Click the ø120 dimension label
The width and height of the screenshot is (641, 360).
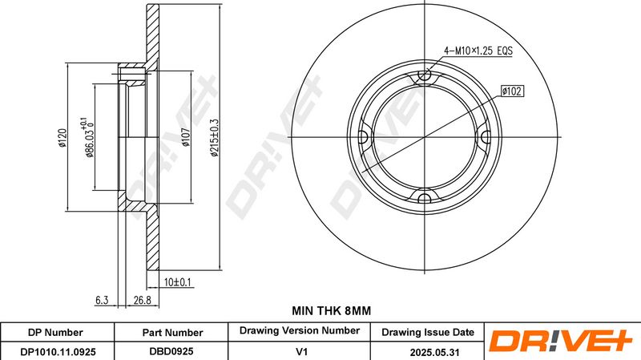click(62, 137)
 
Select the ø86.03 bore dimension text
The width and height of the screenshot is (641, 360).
click(87, 137)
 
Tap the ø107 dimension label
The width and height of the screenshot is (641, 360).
click(186, 137)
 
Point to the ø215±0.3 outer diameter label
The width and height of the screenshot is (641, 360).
click(215, 137)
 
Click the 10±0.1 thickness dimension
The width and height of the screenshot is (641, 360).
click(177, 282)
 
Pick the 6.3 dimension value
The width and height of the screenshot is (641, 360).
click(102, 301)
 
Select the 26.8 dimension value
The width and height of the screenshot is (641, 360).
click(143, 301)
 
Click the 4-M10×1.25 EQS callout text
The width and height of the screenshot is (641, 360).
click(478, 51)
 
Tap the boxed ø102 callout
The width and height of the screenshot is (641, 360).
click(512, 91)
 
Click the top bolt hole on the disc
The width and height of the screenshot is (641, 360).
click(425, 75)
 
